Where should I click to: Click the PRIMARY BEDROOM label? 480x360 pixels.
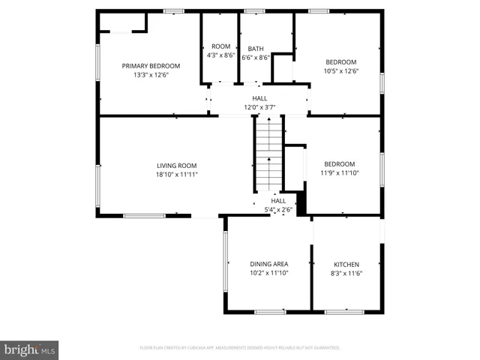pos(151,65)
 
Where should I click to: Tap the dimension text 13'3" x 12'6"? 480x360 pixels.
pos(151,74)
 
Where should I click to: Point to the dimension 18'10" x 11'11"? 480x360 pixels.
pos(176,174)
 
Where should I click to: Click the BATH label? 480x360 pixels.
pos(256,48)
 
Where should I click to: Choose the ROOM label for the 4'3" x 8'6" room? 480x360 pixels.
pos(220,46)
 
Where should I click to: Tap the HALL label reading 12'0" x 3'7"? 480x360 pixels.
pos(259,98)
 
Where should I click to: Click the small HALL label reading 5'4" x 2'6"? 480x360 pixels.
pos(277,201)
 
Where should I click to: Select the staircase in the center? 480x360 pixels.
pos(268,154)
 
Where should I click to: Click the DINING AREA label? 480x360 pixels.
pos(268,264)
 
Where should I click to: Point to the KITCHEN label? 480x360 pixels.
pos(346,264)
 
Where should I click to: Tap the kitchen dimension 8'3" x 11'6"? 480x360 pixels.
pos(346,273)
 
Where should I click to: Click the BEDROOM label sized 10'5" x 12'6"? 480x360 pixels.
pos(340,61)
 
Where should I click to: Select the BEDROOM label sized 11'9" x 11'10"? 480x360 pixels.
pos(339,163)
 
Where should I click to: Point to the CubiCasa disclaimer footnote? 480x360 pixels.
pos(240,348)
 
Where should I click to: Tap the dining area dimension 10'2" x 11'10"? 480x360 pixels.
pos(268,273)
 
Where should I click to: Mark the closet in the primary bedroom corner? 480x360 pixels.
pos(122,22)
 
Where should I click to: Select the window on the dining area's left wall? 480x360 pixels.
pos(225,263)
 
